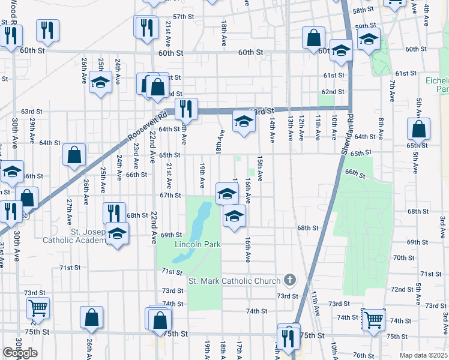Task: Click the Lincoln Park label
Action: pos(197,245)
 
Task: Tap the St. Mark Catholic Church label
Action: pos(234,281)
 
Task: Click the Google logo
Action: pos(20,353)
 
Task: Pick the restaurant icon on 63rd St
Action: pos(186,108)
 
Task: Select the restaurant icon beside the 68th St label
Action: pos(113,212)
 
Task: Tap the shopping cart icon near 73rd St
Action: pos(38,308)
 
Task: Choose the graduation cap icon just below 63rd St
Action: pos(244,123)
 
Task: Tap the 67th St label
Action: pos(170,195)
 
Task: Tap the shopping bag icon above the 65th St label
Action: pos(418,129)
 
